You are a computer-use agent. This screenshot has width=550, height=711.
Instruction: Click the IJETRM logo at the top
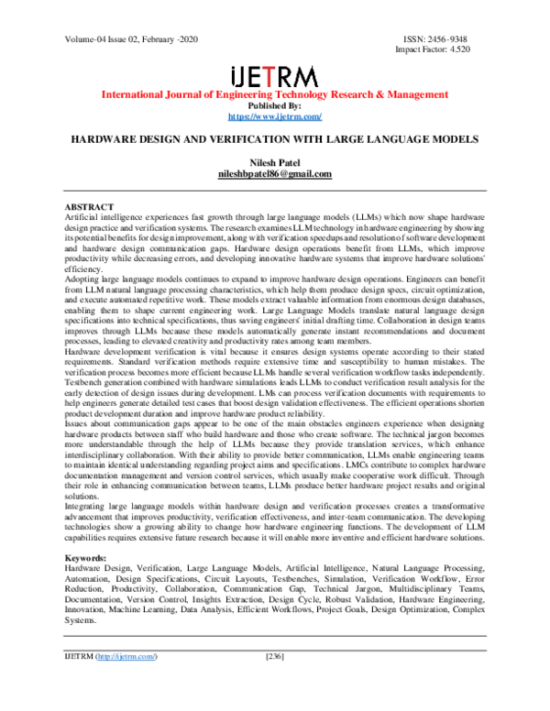pyautogui.click(x=274, y=75)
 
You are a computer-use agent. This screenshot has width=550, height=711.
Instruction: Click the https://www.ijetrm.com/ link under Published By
pyautogui.click(x=274, y=117)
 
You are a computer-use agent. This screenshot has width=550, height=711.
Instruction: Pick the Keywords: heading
pyautogui.click(x=90, y=557)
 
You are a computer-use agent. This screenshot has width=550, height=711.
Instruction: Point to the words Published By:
pyautogui.click(x=274, y=106)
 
